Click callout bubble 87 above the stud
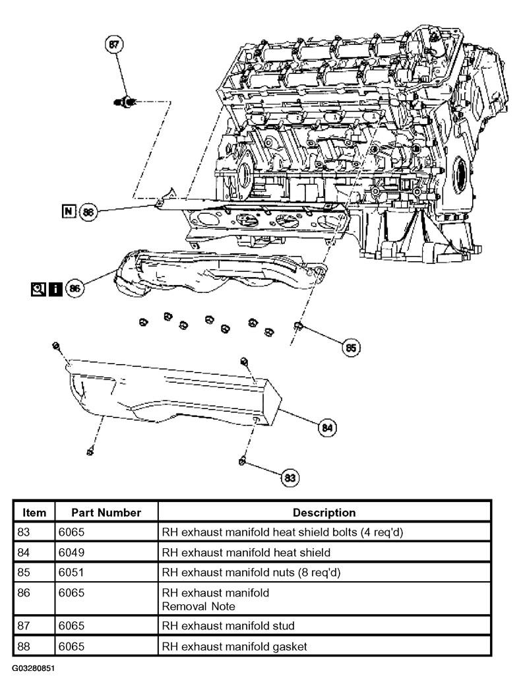point(114,44)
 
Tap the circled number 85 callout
point(351,348)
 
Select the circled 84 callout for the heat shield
point(327,427)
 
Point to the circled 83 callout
point(290,478)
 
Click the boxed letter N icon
point(69,211)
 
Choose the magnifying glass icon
point(38,290)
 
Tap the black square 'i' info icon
point(55,290)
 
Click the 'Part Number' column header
point(106,513)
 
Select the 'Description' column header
point(324,513)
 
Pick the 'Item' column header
point(34,513)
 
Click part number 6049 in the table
point(71,552)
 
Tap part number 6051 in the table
point(71,572)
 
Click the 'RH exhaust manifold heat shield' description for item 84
point(246,552)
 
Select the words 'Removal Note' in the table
point(199,606)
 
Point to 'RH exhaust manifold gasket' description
point(234,647)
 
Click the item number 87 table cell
point(24,625)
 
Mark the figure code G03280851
point(33,668)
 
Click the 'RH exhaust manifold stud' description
point(228,625)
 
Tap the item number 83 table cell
point(24,532)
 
